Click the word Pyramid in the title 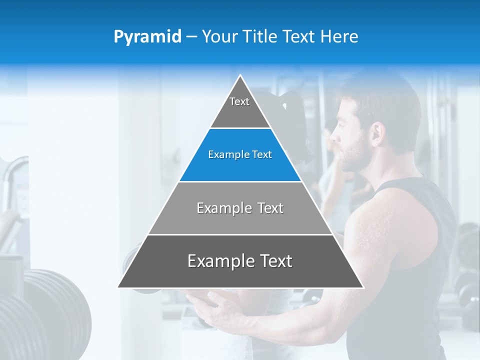coord(147,37)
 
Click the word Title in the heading coord(260,36)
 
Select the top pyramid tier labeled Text coord(240,107)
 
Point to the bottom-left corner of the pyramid coord(118,287)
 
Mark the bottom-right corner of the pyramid coord(363,287)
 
